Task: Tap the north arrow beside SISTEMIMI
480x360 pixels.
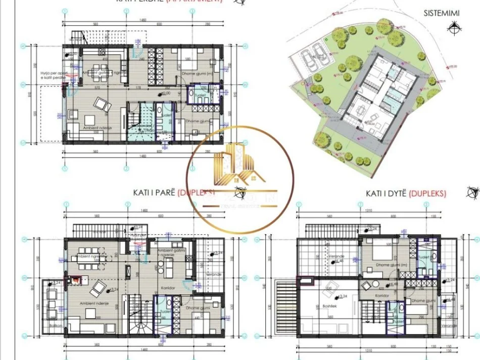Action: [456, 29]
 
